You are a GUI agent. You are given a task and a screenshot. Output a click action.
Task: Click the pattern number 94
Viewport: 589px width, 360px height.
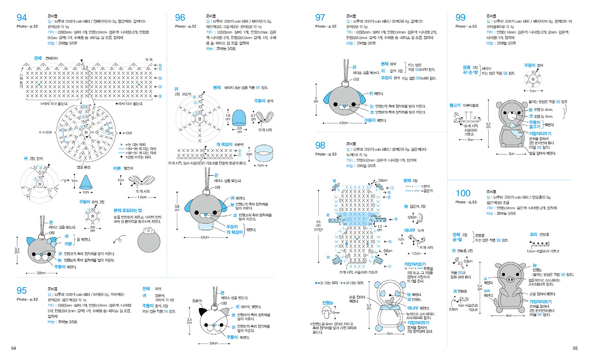(22, 17)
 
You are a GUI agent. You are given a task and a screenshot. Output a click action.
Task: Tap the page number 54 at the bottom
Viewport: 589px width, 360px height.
(14, 348)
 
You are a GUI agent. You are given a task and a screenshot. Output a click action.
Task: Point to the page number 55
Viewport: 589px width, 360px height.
(574, 348)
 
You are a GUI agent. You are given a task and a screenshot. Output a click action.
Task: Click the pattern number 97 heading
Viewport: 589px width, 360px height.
(320, 17)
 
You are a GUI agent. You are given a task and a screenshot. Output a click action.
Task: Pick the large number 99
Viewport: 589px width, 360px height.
(460, 17)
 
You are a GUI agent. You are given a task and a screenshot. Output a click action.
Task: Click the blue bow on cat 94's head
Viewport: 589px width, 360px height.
(52, 241)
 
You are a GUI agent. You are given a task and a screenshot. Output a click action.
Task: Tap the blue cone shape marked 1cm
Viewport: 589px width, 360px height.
(85, 182)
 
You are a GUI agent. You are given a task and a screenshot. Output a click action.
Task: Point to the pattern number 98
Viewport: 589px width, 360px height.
(320, 145)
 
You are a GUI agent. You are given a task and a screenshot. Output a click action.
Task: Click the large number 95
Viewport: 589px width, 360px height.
(22, 290)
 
